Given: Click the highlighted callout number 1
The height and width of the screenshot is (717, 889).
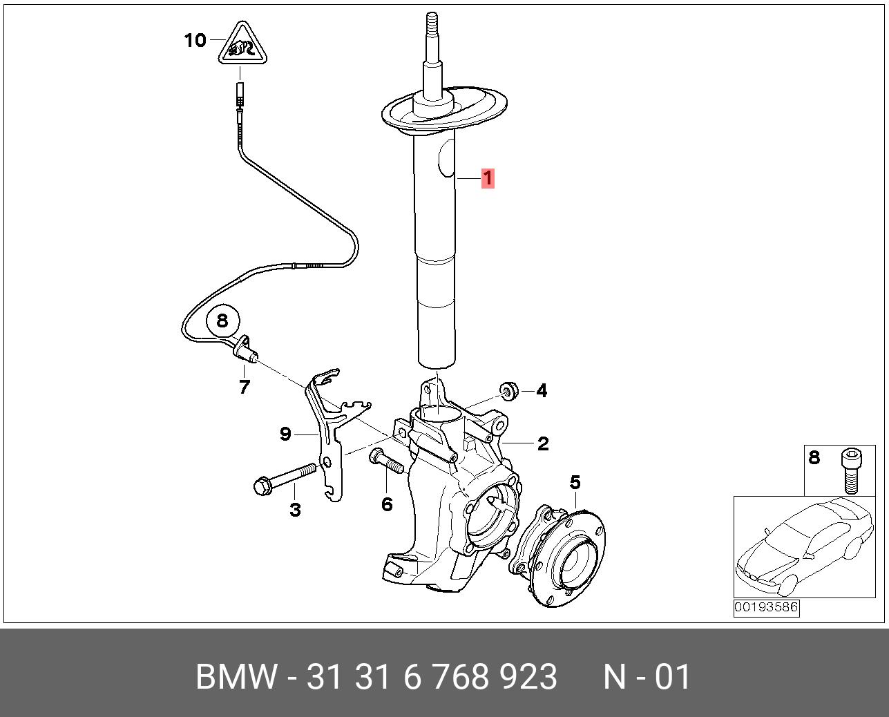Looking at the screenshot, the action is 488,178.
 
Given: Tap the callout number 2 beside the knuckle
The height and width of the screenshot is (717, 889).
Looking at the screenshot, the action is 543,444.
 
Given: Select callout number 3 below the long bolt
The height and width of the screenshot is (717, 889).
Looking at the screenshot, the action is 295,510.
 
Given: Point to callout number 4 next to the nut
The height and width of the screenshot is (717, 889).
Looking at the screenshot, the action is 542,390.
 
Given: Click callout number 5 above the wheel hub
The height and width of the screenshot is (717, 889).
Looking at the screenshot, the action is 575,482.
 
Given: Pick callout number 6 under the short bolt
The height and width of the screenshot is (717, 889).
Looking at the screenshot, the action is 387,504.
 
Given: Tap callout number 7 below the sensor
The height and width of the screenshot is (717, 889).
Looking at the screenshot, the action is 245,387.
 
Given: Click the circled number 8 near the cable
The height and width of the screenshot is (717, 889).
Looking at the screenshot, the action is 222,321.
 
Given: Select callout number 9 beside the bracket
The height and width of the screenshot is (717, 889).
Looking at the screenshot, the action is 285,434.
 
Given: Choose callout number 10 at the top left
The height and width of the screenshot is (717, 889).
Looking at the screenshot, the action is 195,41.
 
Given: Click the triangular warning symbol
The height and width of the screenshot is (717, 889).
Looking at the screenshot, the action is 242,44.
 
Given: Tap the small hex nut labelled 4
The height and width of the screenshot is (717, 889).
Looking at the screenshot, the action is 508,392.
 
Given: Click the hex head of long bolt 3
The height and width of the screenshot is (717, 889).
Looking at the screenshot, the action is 262,486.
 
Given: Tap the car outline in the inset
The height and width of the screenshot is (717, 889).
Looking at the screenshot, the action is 804,546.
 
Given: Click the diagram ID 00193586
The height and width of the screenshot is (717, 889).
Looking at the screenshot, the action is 766,608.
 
